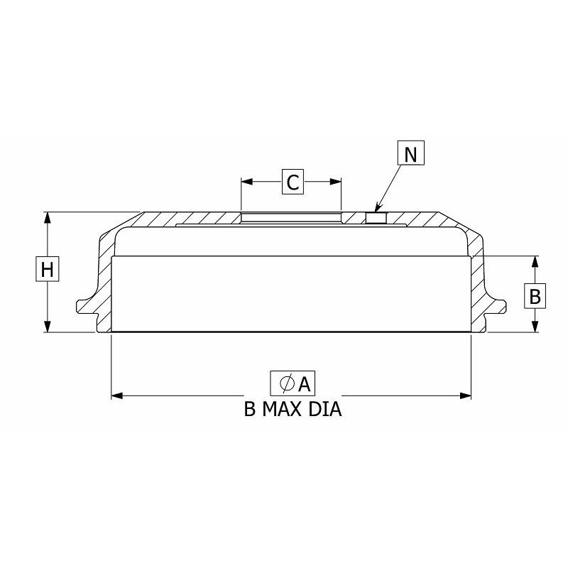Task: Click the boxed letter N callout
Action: (x=411, y=153)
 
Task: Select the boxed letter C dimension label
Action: (x=293, y=182)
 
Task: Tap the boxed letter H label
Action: (x=47, y=268)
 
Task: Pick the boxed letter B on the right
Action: (x=535, y=295)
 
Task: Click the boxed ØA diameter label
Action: (x=293, y=383)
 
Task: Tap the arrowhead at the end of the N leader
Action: (x=378, y=208)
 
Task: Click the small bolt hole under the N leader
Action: (x=376, y=218)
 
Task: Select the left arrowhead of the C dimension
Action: (x=246, y=182)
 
